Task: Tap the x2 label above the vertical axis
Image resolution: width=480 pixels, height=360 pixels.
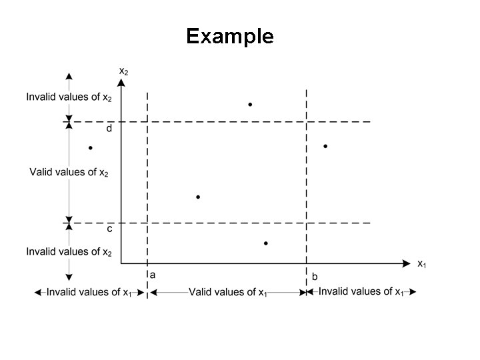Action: pos(124,70)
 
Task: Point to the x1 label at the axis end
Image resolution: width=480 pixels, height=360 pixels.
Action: pos(422,264)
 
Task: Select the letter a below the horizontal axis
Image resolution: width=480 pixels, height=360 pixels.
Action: pos(153,274)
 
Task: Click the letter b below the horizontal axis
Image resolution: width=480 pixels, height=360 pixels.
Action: pos(315,276)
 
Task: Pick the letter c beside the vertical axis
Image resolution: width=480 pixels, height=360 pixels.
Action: pos(110,229)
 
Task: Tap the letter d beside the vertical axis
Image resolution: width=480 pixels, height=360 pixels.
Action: pos(110,129)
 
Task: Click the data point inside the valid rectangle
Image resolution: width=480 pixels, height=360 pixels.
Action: pos(198,197)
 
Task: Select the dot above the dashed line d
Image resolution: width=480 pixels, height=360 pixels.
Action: pos(250,105)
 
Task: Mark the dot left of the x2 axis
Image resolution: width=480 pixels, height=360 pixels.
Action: pos(90,148)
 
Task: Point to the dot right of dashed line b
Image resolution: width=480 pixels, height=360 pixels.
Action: pos(325,146)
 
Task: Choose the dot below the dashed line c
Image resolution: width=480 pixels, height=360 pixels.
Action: pos(265,244)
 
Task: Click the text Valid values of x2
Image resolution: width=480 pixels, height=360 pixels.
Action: pos(69,173)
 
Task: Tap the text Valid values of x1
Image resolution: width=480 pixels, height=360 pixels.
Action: pos(228,292)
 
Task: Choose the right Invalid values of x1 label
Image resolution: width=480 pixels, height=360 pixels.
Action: pos(360,291)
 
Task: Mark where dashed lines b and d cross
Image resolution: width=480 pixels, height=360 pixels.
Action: pos(306,122)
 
